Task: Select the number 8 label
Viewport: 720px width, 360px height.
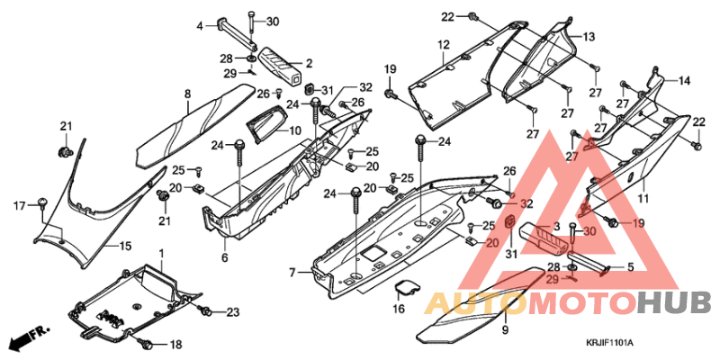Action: tap(187, 94)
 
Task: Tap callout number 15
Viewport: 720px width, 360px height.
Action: tap(126, 245)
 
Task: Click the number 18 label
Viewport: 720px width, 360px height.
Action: tap(175, 345)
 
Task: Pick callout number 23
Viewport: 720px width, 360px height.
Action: tap(233, 312)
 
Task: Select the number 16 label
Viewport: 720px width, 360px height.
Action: tap(399, 310)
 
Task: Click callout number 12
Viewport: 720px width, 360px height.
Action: tap(445, 45)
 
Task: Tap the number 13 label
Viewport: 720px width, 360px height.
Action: tap(589, 37)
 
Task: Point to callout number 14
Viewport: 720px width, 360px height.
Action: tap(684, 81)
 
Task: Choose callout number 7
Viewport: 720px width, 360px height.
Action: tap(292, 272)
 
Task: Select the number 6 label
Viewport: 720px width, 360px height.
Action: tap(223, 257)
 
